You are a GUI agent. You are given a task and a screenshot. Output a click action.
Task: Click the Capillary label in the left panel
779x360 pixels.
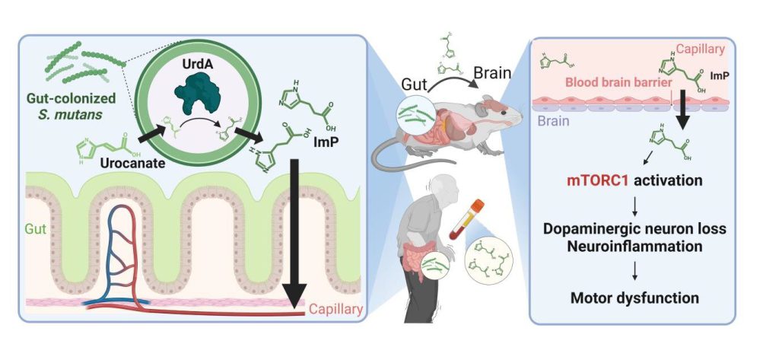[x=335, y=309]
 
